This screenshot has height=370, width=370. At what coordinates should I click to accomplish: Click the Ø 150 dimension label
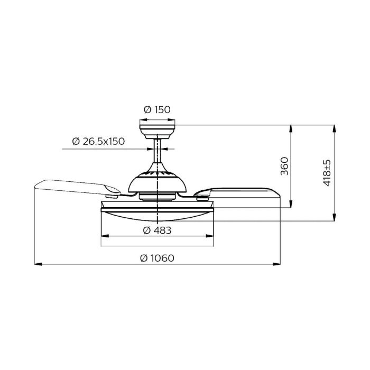[158, 110]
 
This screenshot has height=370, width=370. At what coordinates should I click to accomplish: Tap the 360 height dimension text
[284, 166]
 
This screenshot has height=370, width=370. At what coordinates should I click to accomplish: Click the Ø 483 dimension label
[156, 230]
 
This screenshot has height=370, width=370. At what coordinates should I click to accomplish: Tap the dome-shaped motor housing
[158, 182]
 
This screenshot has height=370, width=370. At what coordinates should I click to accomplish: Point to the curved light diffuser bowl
[158, 214]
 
